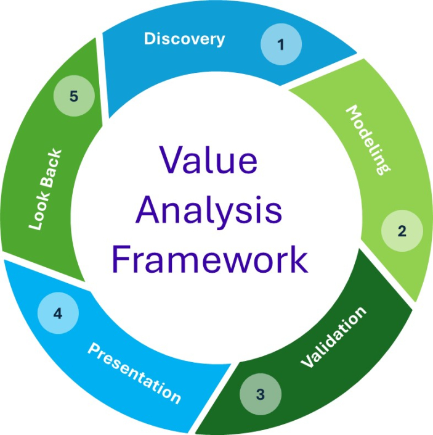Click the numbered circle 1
[281, 45]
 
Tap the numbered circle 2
[402, 231]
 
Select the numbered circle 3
[260, 394]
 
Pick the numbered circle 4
[58, 313]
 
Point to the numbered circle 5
[73, 96]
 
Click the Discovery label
[184, 39]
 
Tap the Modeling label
[368, 139]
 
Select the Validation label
[333, 337]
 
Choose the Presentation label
[134, 373]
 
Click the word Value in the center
[208, 162]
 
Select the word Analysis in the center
[209, 210]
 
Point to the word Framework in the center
[210, 259]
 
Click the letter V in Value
[171, 162]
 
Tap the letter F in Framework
[121, 259]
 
